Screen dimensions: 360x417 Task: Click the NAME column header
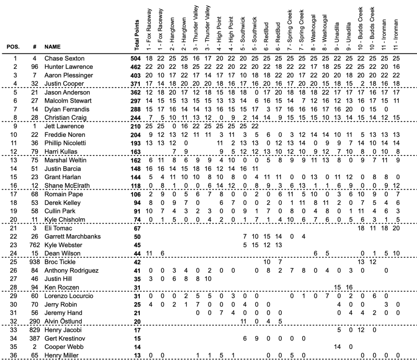53,46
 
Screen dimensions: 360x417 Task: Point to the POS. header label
13,46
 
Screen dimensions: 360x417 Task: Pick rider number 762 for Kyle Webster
35,245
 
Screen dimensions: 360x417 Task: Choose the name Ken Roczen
62,288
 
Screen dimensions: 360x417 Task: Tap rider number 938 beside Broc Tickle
35,262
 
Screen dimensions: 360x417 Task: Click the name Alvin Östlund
63,322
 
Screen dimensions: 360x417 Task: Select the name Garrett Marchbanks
72,237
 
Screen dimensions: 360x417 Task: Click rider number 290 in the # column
35,322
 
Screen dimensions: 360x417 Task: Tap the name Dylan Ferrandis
64,109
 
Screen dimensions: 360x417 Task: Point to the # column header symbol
35,46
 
